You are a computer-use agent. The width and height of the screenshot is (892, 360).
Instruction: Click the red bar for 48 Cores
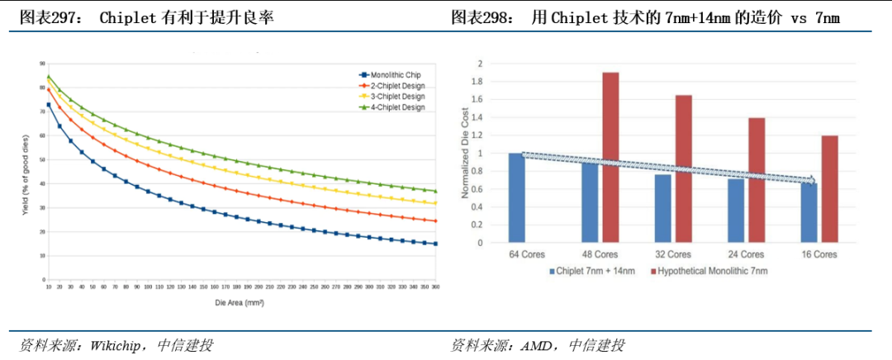(x=610, y=158)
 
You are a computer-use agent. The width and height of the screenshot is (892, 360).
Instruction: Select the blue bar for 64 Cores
(x=516, y=198)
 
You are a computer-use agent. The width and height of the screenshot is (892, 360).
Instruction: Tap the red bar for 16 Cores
(x=830, y=189)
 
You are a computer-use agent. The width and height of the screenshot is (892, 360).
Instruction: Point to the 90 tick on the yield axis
(x=40, y=63)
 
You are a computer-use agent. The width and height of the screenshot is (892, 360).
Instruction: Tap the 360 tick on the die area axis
(x=435, y=286)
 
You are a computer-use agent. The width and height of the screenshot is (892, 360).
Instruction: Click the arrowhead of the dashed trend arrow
(x=814, y=181)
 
